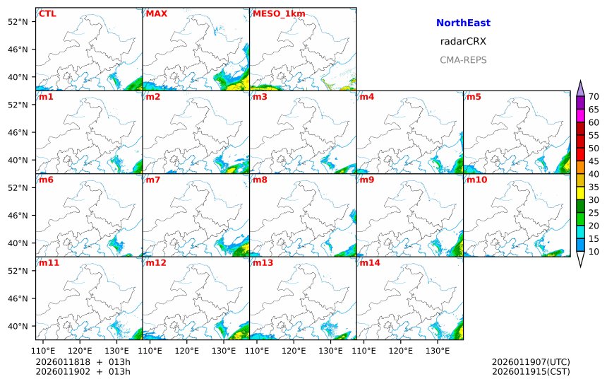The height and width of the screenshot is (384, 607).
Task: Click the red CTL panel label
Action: point(47,13)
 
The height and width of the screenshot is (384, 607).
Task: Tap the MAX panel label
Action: point(156,13)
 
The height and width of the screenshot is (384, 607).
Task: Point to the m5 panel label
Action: point(474,97)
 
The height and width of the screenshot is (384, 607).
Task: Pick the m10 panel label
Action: point(476,180)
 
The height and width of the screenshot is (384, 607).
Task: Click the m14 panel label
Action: point(369,263)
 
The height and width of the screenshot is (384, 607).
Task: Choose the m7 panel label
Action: point(153,180)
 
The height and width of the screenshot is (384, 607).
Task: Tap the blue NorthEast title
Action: point(463,23)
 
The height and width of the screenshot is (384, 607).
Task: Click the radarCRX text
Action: point(463,42)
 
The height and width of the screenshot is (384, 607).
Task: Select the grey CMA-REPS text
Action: point(463,60)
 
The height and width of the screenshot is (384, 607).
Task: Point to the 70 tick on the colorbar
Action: point(594,97)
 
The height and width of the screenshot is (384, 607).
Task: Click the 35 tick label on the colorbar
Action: point(594,187)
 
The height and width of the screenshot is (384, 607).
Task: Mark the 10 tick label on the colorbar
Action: point(594,251)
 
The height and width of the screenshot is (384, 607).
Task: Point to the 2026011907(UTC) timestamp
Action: point(531,362)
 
